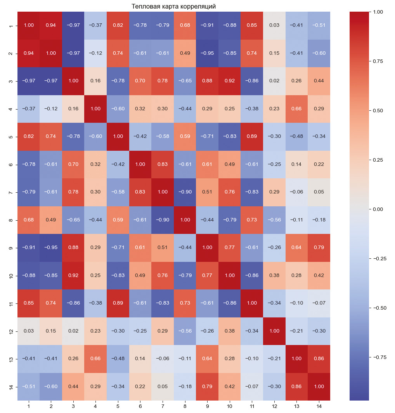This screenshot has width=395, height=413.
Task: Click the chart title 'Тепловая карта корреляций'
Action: [173, 6]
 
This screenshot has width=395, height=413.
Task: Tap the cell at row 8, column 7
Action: [163, 220]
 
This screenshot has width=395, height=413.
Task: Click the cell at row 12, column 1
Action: [28, 331]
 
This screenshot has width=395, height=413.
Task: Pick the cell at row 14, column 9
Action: [207, 387]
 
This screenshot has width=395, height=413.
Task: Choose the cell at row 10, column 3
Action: [73, 275]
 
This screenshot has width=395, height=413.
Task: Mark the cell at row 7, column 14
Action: [319, 192]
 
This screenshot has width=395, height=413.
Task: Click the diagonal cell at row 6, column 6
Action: [140, 164]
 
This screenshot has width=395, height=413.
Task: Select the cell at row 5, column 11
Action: [252, 137]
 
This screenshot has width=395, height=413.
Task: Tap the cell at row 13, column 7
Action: [163, 359]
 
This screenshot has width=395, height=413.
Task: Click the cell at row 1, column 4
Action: [95, 26]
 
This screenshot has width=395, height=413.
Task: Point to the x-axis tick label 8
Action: [185, 406]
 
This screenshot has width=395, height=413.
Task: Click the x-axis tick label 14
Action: [319, 406]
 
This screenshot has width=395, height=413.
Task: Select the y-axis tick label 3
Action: [11, 81]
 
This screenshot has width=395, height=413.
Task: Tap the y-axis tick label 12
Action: [11, 331]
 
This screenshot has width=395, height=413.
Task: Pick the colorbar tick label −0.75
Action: [377, 357]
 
